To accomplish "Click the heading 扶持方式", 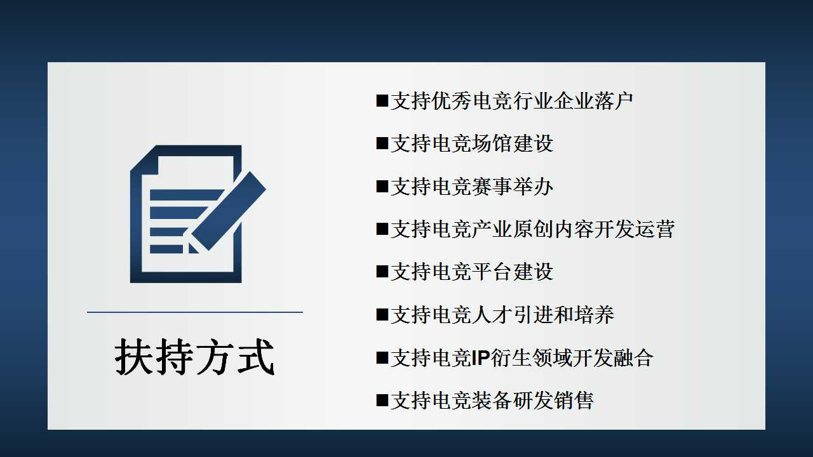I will click(194, 357).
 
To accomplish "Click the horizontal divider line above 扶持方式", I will click(194, 312).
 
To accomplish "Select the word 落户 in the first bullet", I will click(614, 101).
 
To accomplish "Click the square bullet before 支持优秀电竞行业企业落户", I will click(382, 100).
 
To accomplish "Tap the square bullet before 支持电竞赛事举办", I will click(382, 186).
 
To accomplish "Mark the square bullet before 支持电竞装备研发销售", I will click(382, 400).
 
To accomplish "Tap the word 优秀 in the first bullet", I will click(452, 101).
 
